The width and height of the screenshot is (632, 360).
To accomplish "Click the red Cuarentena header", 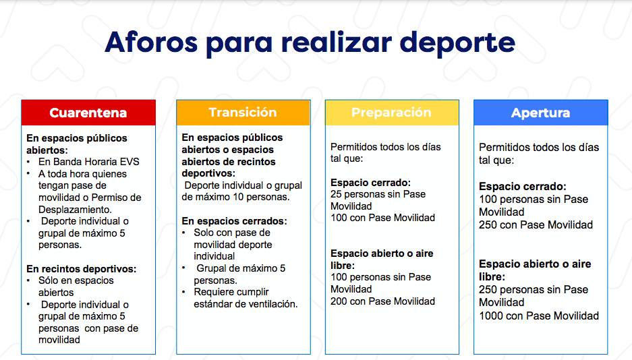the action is point(88,113).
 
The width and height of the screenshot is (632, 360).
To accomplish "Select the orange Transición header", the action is point(243,113).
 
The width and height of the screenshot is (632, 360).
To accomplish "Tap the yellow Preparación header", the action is point(392,113).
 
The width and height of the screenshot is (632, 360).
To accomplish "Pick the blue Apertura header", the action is point(540,113).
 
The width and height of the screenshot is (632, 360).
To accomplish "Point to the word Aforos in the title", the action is point(151,42).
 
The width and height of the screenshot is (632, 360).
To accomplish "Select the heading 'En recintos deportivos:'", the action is point(82,268).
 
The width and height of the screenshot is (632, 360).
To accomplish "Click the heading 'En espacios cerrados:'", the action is point(234,221).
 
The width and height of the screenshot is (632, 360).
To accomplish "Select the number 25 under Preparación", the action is point(336,194).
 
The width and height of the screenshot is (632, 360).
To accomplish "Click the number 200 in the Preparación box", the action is point(339,301).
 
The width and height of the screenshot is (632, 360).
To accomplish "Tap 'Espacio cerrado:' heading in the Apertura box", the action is point(522,187).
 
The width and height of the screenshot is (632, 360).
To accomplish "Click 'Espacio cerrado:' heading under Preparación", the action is point(370,183).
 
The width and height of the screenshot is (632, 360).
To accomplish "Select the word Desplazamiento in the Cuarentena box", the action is point(75,210).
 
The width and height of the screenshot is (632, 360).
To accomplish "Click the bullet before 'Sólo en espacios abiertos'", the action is point(28,280).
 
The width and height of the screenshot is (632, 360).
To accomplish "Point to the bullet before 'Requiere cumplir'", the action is point(183,293).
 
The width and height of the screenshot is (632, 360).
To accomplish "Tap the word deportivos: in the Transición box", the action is point(208,173).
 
